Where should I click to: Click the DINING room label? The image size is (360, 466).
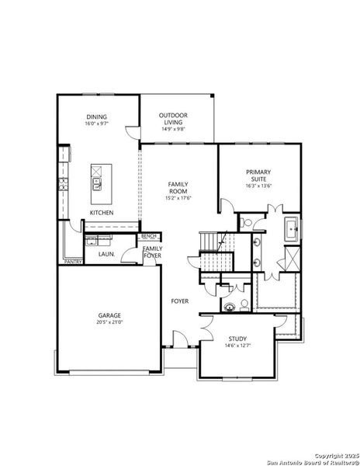[97, 116]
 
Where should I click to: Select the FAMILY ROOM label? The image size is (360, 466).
[178, 187]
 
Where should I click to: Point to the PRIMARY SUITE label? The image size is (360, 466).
[258, 175]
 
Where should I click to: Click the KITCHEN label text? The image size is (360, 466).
[102, 213]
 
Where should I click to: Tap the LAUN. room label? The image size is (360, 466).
[106, 254]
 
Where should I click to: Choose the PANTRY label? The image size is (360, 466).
[74, 263]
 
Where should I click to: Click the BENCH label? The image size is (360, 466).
[149, 236]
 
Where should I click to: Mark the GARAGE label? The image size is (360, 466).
[109, 315]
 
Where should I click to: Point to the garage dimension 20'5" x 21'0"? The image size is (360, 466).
[109, 322]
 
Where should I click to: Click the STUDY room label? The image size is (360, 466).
[237, 339]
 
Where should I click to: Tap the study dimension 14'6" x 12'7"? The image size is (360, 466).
[237, 346]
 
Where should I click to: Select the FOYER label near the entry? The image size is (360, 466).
[181, 300]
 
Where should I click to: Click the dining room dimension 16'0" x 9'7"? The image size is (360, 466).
[97, 123]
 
